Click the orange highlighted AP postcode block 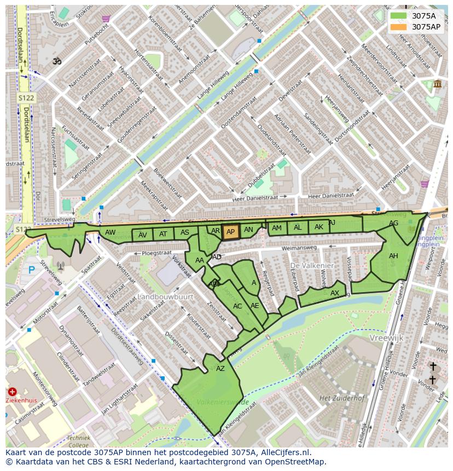(230, 232)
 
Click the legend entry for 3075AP (426, 26)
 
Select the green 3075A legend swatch (399, 15)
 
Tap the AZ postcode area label (220, 369)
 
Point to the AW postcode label (111, 232)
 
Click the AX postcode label (335, 293)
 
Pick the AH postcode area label (393, 256)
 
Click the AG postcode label (393, 223)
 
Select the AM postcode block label (277, 228)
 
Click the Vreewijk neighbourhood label (386, 338)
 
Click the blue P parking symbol (31, 270)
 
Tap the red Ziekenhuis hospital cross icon (12, 392)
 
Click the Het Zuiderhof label (342, 398)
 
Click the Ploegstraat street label (156, 253)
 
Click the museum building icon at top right (437, 84)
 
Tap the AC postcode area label (237, 306)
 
